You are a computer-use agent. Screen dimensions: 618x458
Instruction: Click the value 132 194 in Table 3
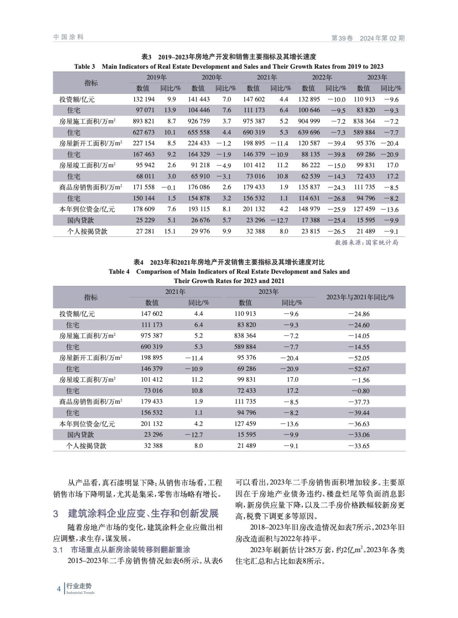(x=144, y=99)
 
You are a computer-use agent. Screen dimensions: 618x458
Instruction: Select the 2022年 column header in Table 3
(x=322, y=77)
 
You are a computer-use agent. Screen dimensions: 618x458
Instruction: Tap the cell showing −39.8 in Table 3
(x=336, y=154)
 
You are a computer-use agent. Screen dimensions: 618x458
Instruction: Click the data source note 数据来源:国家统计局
(x=366, y=243)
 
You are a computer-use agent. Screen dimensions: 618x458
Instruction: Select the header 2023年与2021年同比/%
(x=360, y=297)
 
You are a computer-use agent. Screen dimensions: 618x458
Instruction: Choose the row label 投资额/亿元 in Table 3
(x=77, y=99)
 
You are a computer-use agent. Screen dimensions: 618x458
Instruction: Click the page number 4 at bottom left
(x=59, y=589)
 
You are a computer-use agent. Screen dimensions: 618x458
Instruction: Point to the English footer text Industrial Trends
(x=80, y=593)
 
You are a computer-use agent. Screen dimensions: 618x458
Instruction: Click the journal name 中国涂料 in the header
(x=68, y=37)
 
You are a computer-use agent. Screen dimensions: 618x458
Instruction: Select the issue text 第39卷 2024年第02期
(x=368, y=38)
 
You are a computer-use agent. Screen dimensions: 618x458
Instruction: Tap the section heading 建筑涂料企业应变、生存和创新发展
(x=143, y=513)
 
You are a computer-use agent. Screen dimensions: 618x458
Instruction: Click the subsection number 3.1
(x=58, y=550)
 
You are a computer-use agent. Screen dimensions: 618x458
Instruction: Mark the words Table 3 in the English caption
(x=85, y=66)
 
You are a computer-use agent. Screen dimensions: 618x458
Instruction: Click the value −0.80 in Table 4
(x=360, y=391)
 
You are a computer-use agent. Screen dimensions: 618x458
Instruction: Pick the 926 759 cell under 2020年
(x=199, y=121)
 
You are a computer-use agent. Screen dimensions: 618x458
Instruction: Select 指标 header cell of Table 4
(x=91, y=297)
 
